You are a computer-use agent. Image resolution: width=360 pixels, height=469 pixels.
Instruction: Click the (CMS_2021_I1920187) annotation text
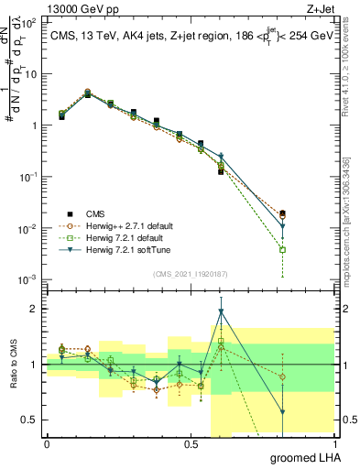coord(191,272)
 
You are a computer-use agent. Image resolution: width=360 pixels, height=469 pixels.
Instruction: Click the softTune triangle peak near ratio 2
coord(221,311)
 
